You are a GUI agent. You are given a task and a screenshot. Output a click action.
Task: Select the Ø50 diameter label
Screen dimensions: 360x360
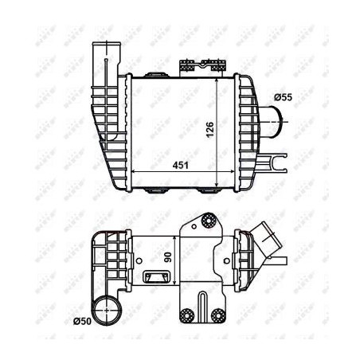coord(83,321)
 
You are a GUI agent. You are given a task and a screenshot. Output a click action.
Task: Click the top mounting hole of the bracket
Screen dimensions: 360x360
coord(209,221)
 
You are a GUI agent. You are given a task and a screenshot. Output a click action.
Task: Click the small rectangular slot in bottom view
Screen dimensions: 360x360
coord(154,277)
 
